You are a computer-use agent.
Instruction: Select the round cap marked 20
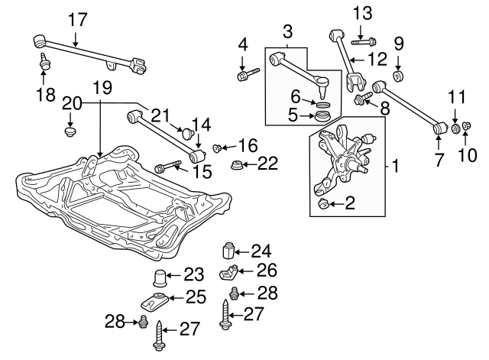click(70, 132)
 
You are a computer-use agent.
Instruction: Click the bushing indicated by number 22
click(237, 166)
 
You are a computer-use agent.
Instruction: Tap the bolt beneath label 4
click(248, 75)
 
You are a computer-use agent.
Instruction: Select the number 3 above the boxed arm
click(287, 33)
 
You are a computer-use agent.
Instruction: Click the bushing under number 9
click(398, 76)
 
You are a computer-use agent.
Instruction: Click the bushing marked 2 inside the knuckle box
click(323, 203)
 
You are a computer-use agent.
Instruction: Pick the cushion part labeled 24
click(226, 251)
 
